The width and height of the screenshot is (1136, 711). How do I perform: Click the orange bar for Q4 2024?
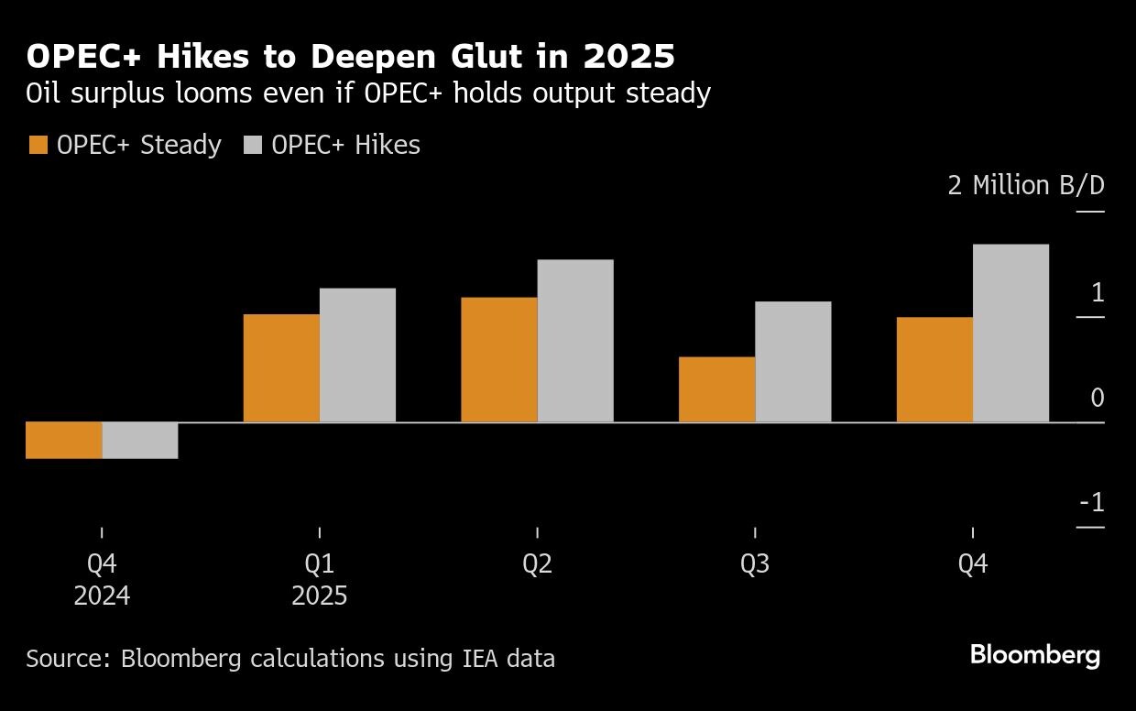click(x=63, y=440)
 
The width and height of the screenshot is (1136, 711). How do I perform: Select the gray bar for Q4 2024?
click(x=139, y=440)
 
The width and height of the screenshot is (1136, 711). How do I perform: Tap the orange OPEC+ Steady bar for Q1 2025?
click(x=281, y=368)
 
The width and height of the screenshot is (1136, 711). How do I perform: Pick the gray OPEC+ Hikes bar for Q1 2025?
click(x=357, y=355)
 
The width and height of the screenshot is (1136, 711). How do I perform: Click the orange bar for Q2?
click(x=499, y=360)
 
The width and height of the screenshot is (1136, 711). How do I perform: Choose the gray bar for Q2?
click(x=575, y=341)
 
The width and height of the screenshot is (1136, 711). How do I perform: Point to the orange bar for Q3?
click(x=717, y=389)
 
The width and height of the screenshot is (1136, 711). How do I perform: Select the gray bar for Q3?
click(x=793, y=362)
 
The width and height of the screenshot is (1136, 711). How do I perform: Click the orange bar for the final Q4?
click(x=934, y=369)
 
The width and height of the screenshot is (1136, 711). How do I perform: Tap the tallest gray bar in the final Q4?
click(x=1010, y=334)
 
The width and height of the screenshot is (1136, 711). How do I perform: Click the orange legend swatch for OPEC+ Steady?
click(x=38, y=146)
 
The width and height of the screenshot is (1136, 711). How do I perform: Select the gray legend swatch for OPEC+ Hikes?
click(x=253, y=146)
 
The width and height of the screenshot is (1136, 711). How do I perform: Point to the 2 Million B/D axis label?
click(x=1026, y=186)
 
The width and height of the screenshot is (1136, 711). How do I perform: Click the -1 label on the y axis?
click(x=1092, y=503)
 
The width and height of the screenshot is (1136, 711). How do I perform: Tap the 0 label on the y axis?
click(x=1098, y=398)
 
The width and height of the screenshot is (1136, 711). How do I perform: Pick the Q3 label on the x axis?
click(x=755, y=564)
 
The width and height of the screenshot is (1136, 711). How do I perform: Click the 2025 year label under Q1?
click(x=320, y=596)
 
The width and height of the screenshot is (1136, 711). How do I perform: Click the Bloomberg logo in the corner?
click(x=1035, y=655)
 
